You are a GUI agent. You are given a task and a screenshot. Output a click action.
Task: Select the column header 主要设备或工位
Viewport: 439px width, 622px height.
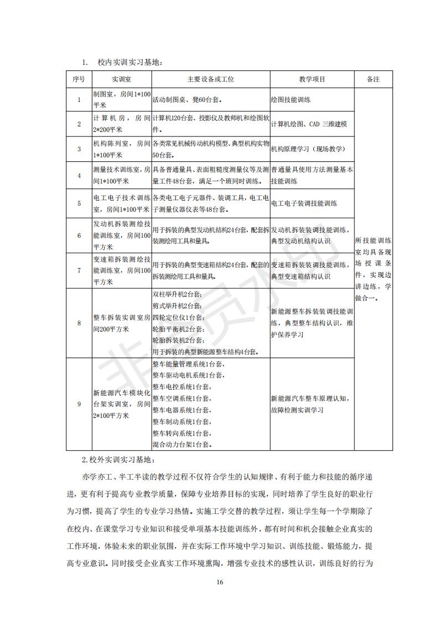coord(210,79)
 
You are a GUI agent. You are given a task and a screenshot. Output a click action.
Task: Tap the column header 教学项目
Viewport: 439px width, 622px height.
coord(312,79)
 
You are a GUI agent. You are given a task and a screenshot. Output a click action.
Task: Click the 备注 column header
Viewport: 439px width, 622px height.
coord(373,79)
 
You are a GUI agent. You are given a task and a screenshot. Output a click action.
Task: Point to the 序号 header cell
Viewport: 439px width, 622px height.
coord(79,79)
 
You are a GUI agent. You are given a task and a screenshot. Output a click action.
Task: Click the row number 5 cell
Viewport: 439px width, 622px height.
coord(79,203)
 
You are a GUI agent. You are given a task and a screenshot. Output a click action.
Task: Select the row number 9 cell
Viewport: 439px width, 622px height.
coord(79,404)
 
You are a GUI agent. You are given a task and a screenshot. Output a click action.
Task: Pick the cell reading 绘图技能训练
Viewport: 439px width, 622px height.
coord(291,100)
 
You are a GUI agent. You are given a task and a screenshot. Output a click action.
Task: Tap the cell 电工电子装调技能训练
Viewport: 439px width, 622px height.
coord(304,203)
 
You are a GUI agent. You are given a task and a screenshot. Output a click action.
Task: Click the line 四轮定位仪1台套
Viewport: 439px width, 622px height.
coord(178,318)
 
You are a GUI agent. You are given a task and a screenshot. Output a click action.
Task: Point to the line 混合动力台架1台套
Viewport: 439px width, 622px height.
coord(182,444)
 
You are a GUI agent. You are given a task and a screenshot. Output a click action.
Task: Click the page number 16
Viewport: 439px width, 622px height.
coord(220,583)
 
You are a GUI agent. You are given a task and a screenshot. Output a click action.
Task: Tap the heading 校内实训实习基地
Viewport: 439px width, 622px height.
coord(130,63)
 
